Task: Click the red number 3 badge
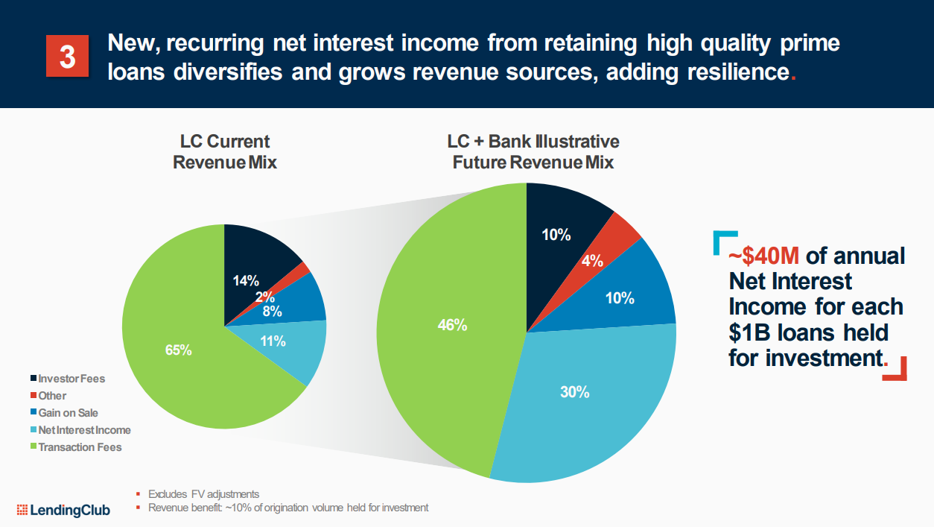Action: (x=68, y=56)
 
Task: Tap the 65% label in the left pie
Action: (x=179, y=349)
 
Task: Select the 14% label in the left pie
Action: (x=246, y=281)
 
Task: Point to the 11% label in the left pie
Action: (x=273, y=341)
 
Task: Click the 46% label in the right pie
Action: (x=452, y=324)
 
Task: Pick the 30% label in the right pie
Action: (x=574, y=391)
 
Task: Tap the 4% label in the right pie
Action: (x=593, y=261)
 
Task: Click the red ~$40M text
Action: (x=763, y=256)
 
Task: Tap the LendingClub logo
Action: (x=63, y=510)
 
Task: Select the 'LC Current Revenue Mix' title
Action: (x=224, y=151)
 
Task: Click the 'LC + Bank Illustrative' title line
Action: (x=533, y=141)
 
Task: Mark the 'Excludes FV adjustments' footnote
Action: (x=203, y=493)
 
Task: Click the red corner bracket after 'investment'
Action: (x=898, y=370)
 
